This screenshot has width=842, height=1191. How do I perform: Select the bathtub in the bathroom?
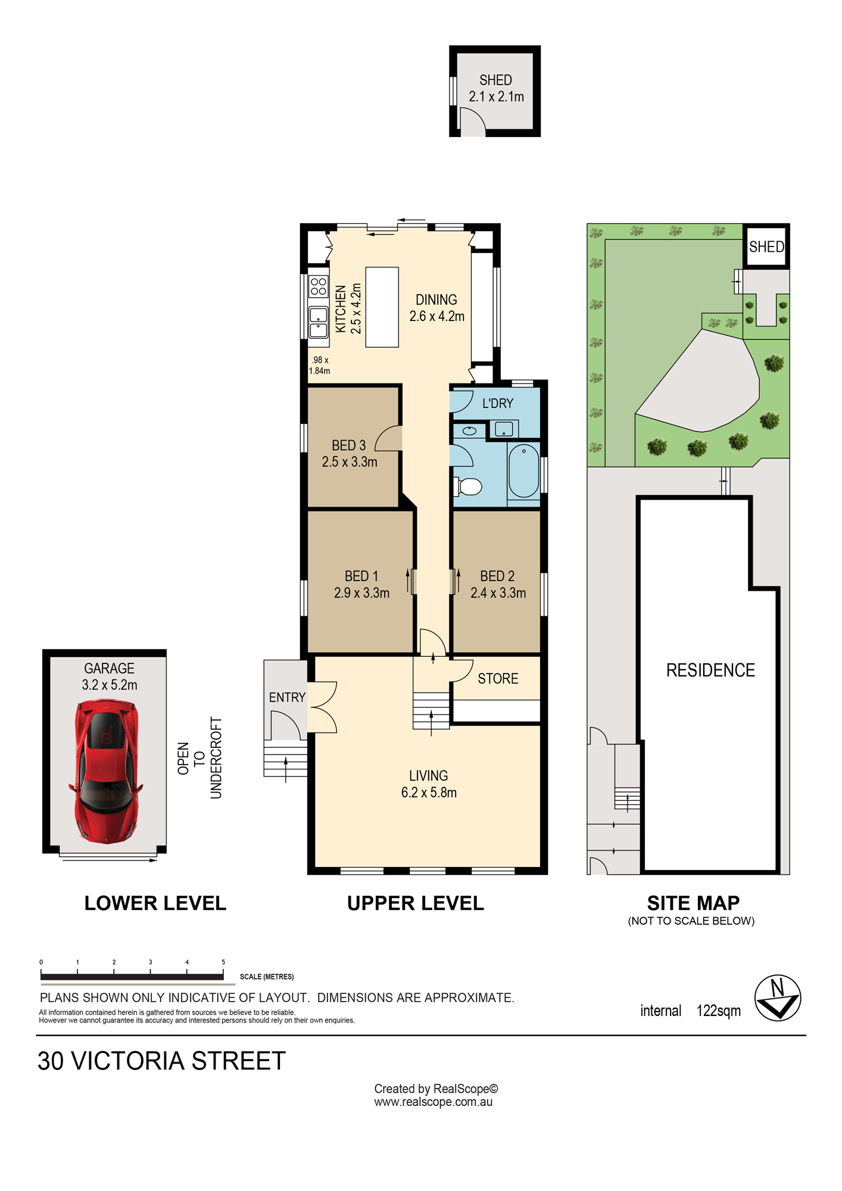tap(523, 470)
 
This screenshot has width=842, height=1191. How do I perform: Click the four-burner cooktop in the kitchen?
tap(319, 286)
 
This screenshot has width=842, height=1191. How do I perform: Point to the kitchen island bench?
tap(382, 307)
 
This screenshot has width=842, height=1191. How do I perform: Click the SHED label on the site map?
tap(766, 247)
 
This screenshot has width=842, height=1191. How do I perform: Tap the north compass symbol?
tap(778, 998)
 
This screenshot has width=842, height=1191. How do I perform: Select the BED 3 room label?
tap(349, 445)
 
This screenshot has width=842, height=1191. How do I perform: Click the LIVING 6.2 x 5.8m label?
tap(429, 784)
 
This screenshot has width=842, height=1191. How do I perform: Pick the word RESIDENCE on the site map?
tap(710, 671)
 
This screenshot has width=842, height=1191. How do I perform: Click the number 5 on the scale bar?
tap(223, 962)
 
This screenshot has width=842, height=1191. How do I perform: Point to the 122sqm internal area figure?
tap(719, 1011)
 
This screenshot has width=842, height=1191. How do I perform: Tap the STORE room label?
tap(498, 679)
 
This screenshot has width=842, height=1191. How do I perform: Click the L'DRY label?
tap(498, 403)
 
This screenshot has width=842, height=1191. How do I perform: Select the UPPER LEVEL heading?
tap(416, 903)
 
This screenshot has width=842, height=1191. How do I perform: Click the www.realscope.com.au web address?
tap(434, 1102)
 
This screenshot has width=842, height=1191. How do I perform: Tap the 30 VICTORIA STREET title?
tap(161, 1061)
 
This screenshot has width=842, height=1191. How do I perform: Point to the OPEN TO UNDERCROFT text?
tap(199, 758)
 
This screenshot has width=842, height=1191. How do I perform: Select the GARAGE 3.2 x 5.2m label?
tap(110, 676)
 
